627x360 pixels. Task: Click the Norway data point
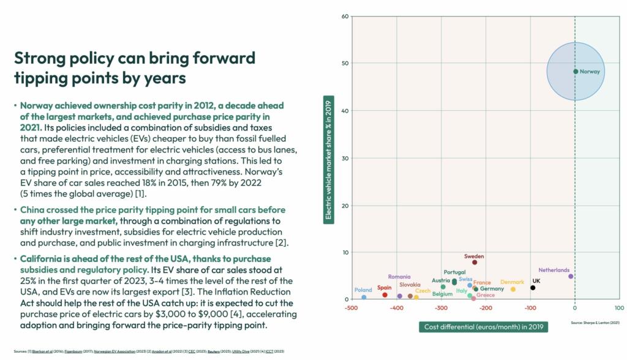click(x=576, y=72)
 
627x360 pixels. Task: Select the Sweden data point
click(x=475, y=262)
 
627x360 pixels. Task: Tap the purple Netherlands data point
click(x=571, y=276)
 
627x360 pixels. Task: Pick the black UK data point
click(x=533, y=288)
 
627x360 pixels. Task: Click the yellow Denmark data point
click(x=513, y=289)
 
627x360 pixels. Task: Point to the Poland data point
click(x=364, y=297)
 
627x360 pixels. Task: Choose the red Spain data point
click(x=385, y=295)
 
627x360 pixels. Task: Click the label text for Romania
click(x=399, y=277)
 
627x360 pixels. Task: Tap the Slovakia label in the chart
click(x=410, y=285)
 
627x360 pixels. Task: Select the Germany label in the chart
click(x=492, y=289)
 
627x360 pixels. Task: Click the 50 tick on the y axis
click(x=345, y=63)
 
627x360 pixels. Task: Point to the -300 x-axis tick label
click(x=440, y=308)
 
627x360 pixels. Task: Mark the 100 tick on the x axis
click(x=619, y=308)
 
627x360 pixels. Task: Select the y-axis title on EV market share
click(x=329, y=157)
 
